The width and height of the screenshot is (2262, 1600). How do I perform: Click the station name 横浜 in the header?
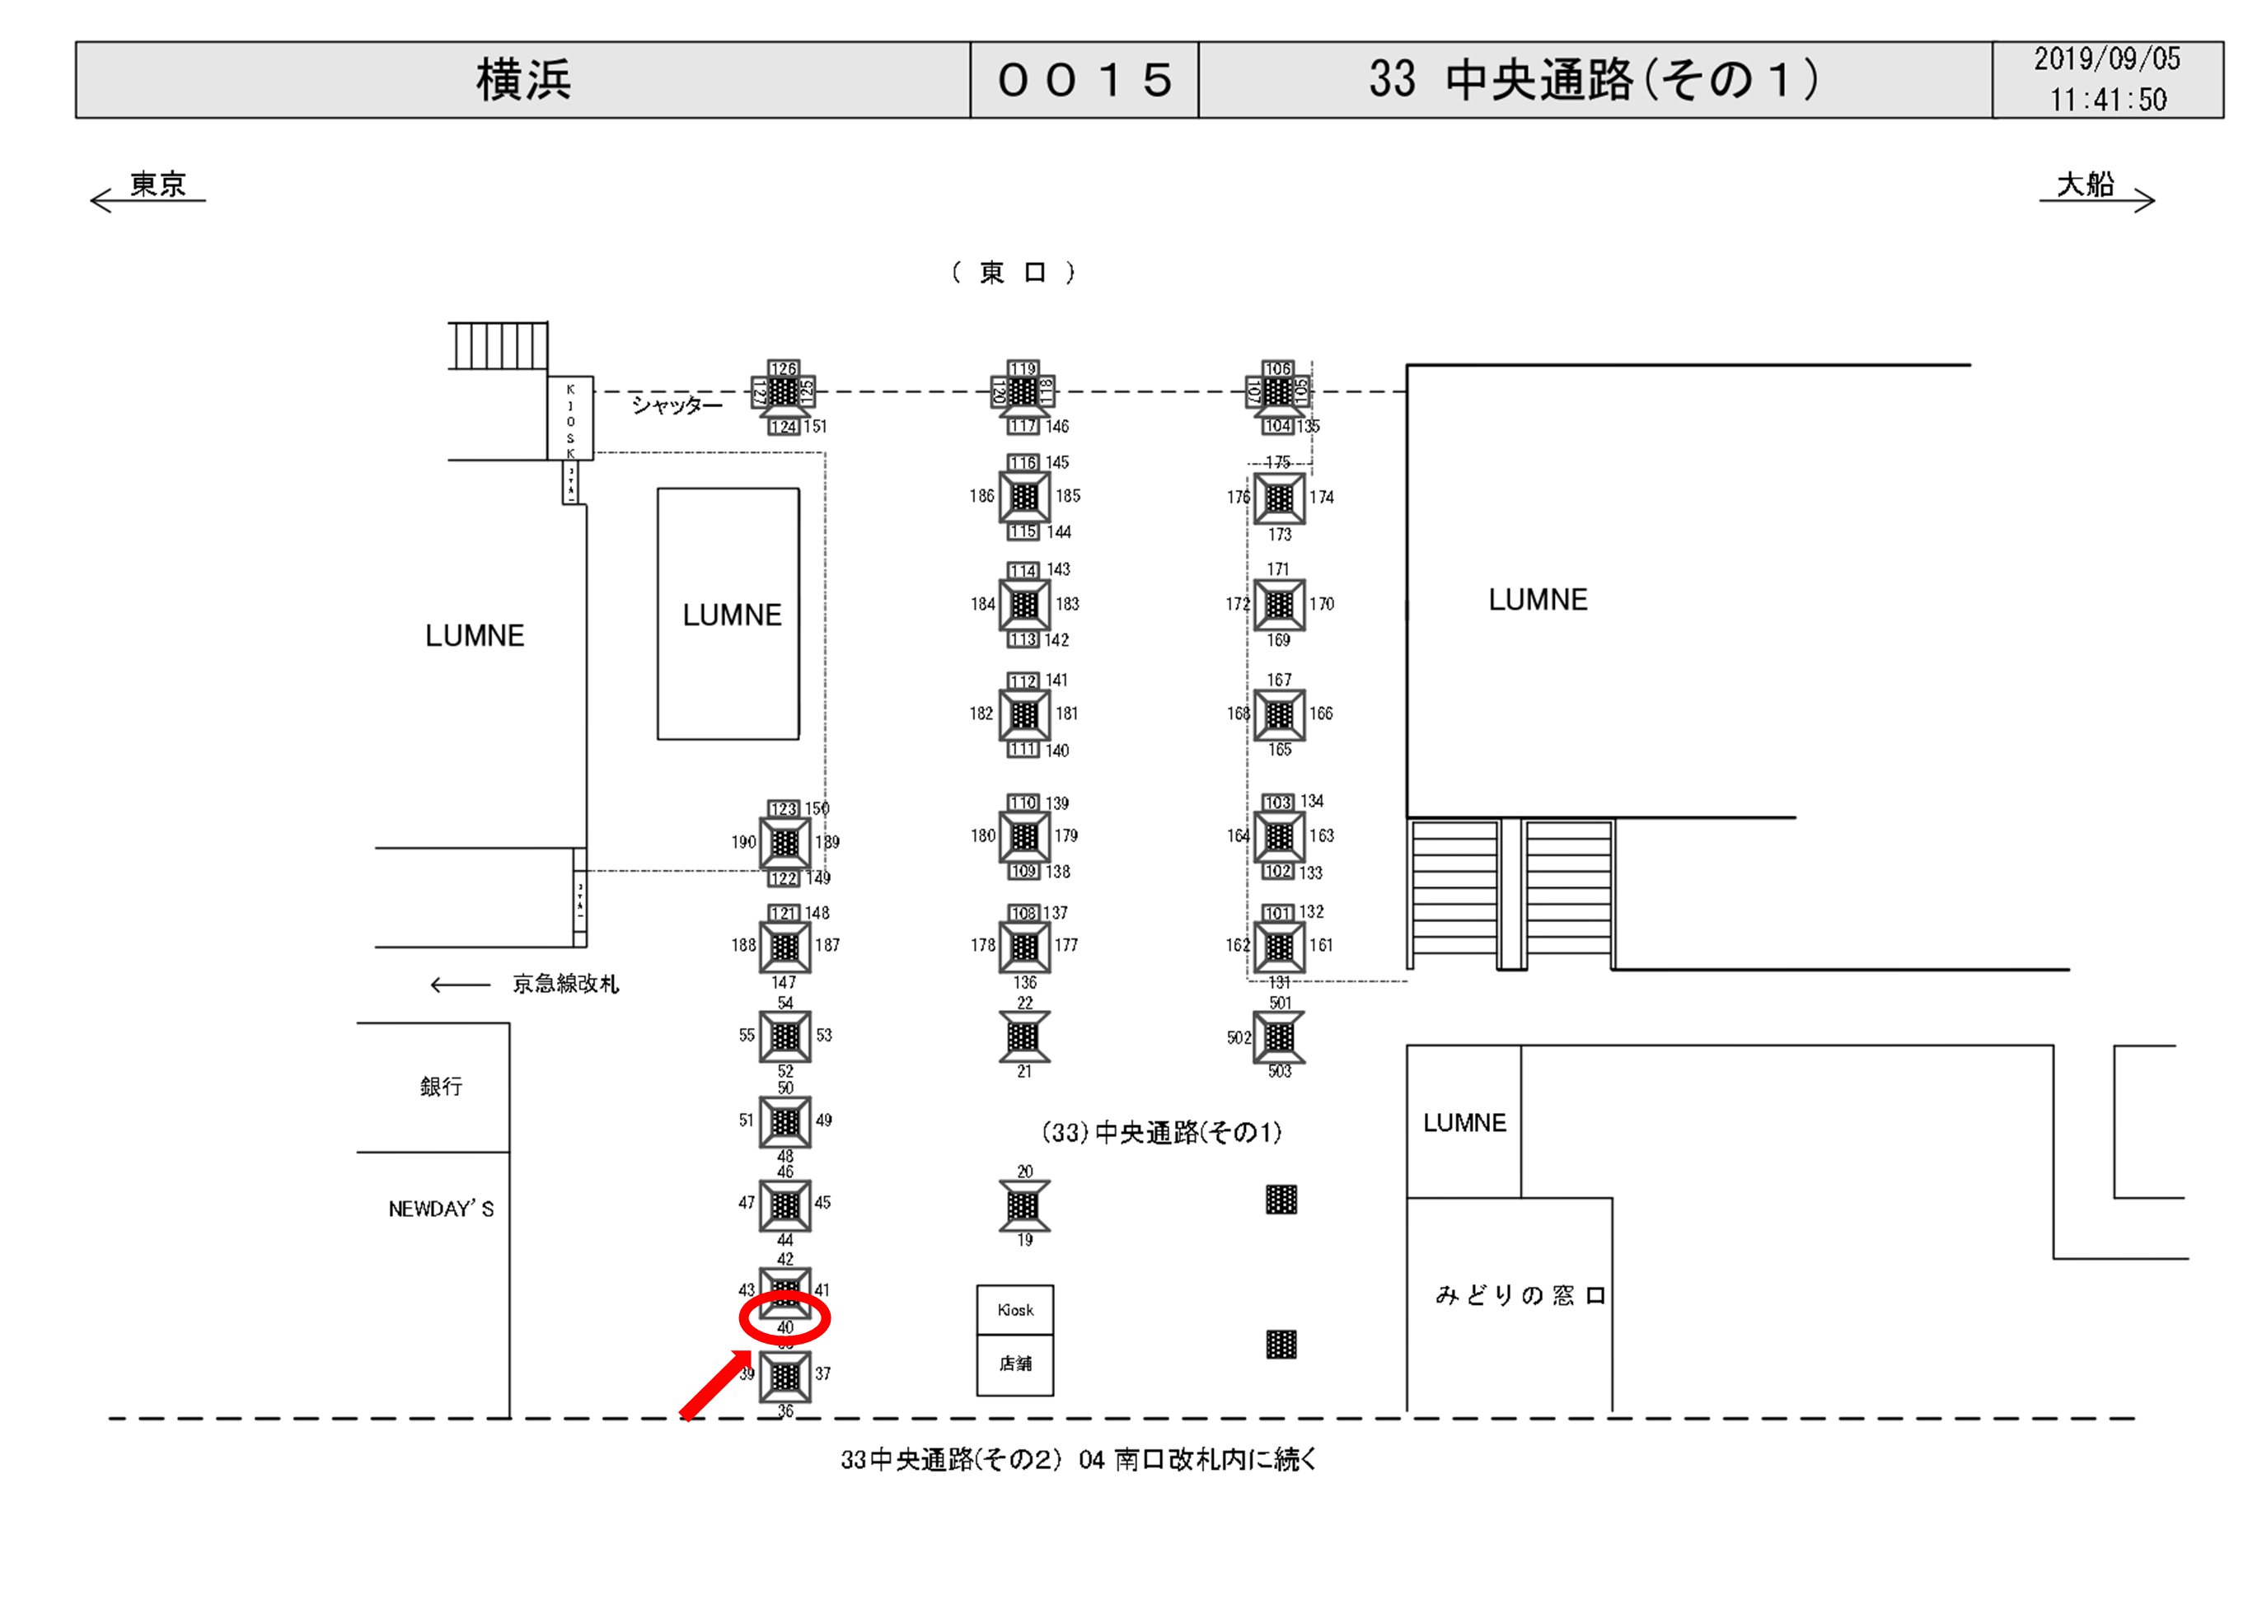(x=523, y=80)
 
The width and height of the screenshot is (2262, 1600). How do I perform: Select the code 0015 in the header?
(x=1084, y=80)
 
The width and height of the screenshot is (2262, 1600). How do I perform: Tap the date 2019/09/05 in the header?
(x=2106, y=59)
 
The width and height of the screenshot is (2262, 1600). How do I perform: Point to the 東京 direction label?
(x=157, y=185)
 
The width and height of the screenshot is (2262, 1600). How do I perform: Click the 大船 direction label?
(x=2085, y=185)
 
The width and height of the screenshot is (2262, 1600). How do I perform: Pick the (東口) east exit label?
(x=1013, y=273)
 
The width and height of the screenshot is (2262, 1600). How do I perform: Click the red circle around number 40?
(x=785, y=1317)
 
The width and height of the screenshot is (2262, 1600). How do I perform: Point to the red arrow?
(x=715, y=1385)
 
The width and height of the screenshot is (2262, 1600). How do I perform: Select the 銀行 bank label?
(x=440, y=1086)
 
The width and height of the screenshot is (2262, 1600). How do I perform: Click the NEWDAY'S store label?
(x=440, y=1209)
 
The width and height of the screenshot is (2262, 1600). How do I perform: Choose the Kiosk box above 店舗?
(x=1014, y=1309)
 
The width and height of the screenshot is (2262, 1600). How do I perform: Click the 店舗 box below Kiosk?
(x=1014, y=1364)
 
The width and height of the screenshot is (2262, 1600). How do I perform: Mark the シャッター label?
(x=676, y=405)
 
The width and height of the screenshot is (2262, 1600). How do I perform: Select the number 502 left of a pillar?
(x=1239, y=1037)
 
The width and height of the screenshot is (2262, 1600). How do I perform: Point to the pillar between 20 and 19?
(x=1023, y=1205)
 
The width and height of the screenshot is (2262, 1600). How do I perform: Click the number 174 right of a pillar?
(x=1321, y=498)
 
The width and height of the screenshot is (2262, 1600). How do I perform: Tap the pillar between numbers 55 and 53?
(x=785, y=1036)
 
